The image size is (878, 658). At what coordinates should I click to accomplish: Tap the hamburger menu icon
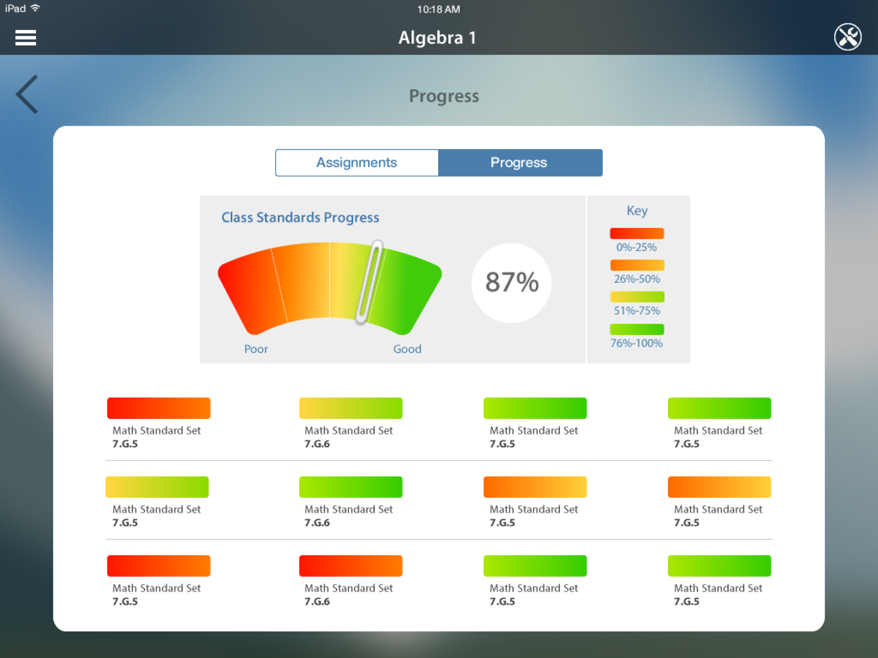25,38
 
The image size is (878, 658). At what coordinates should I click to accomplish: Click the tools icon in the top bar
847,37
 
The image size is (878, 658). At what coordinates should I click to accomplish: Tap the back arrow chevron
27,94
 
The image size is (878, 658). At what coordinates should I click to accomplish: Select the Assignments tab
356,162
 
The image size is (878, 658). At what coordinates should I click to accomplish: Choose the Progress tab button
519,162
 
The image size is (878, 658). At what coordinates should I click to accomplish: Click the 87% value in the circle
512,283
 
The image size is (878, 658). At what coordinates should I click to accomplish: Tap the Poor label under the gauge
256,349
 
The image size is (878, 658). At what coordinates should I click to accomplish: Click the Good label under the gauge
407,349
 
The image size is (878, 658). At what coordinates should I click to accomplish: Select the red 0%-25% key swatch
637,234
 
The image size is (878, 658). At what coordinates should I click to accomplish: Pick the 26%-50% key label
637,279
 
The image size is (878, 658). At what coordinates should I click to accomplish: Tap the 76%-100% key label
637,343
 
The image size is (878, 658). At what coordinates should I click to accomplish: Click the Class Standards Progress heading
300,217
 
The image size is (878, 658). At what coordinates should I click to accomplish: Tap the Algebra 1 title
437,38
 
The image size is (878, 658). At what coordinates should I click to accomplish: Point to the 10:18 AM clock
438,9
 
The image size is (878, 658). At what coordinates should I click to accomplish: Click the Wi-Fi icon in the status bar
35,8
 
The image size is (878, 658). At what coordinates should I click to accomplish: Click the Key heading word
637,211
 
